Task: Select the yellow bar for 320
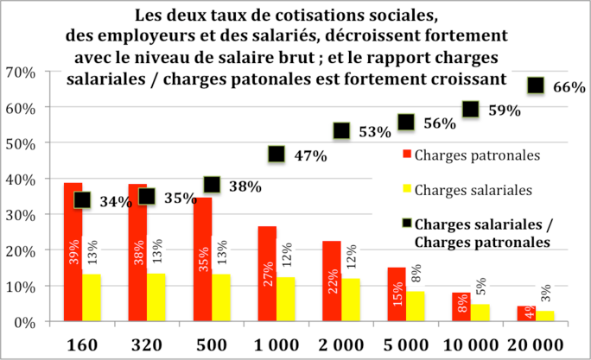point(156,297)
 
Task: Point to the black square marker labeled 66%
point(536,85)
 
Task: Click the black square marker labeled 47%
point(276,155)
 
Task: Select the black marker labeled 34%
point(82,199)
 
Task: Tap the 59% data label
point(504,111)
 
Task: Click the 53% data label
point(375,132)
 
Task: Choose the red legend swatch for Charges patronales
point(404,155)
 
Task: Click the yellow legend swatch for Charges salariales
point(404,188)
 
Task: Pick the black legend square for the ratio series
point(404,226)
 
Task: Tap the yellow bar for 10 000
point(480,312)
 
